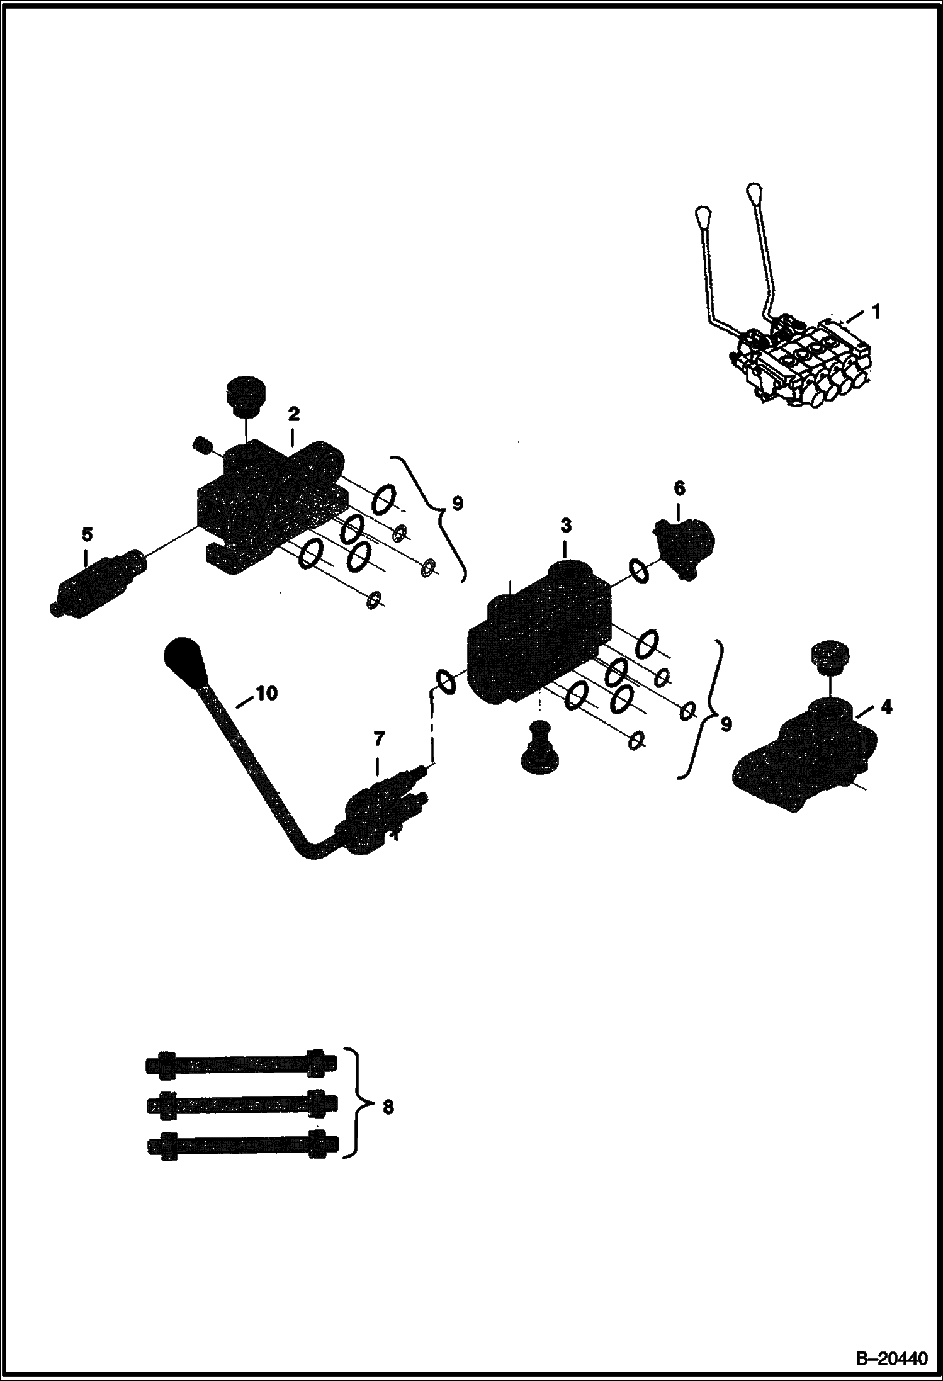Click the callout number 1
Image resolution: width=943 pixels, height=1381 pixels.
876,312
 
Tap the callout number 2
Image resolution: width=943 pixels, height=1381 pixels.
293,414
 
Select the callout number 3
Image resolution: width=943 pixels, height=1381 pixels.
566,526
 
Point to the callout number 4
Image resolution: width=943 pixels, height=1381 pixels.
886,707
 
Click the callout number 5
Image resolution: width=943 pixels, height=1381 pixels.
87,535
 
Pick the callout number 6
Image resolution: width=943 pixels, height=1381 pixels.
679,488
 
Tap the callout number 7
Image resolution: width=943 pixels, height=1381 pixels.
378,737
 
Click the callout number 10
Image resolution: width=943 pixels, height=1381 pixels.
266,693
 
